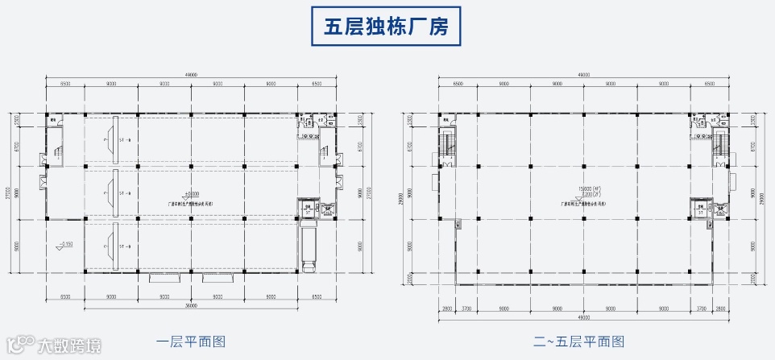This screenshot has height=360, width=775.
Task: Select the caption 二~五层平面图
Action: [582, 341]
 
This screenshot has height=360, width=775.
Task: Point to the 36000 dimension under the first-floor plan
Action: [191, 305]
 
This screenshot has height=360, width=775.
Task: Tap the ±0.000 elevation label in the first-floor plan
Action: [192, 193]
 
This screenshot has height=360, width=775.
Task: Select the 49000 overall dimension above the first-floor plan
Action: [191, 75]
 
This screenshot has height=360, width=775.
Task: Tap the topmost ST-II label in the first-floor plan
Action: [123, 140]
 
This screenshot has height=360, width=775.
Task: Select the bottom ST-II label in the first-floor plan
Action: [123, 247]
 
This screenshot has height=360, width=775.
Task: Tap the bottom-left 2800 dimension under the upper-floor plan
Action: [446, 308]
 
